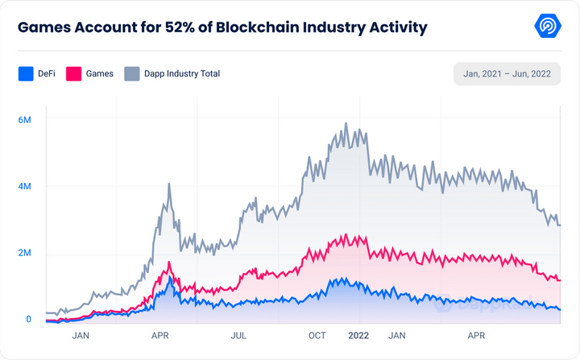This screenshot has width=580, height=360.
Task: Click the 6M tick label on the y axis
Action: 24,120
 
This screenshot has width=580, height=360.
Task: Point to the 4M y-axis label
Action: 24,186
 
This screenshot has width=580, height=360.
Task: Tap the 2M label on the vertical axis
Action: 24,253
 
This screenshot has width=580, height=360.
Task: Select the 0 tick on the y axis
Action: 28,319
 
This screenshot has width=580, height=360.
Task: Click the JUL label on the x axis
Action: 238,336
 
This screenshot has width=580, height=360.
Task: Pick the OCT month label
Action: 317,336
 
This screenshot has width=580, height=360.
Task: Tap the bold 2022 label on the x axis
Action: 358,336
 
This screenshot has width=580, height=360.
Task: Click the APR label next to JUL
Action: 159,336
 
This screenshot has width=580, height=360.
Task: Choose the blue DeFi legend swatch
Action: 26,73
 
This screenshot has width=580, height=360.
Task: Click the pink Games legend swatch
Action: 73,73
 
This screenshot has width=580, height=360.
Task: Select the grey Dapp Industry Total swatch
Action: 132,73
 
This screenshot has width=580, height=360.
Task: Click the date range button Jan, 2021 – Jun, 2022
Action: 507,73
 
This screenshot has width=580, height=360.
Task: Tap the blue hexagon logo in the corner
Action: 548,26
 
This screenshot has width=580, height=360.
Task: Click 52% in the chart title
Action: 180,27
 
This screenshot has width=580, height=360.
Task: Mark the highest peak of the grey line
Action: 346,123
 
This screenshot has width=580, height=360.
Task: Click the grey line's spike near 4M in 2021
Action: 169,184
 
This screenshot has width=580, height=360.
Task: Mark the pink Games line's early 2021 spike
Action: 169,263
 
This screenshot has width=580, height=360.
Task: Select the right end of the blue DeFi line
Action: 560,310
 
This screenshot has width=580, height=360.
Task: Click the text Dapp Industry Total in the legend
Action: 182,73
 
